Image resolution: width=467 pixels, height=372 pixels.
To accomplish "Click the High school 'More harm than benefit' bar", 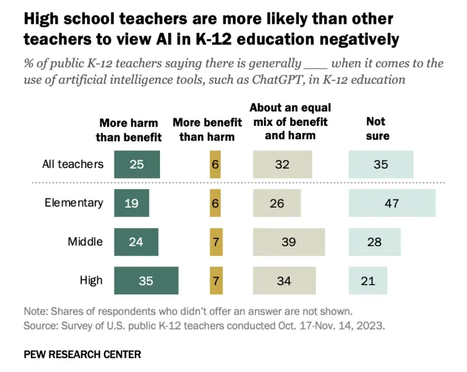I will coord(146,280).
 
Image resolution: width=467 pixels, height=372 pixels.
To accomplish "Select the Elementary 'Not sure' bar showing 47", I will coord(392,203).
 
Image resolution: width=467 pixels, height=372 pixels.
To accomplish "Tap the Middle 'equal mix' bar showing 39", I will coord(288,242).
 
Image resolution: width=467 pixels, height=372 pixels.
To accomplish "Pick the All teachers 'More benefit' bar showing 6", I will coord(215,164).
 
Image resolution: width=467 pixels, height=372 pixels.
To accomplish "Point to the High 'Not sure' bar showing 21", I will coord(367,280).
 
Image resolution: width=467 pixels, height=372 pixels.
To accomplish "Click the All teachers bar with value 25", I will coord(137,164).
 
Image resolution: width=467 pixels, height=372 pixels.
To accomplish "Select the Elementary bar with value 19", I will coord(131,203).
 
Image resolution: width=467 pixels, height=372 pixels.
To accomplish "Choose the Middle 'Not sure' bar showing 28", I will coord(374,242).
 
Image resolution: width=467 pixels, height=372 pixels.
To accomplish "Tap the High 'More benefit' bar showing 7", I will coord(215,280).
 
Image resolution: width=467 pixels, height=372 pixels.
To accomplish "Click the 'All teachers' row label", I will coord(73,164).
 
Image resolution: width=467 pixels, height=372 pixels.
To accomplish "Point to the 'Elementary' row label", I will coord(74,203).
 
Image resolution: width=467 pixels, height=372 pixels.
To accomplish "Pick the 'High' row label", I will coord(91,280).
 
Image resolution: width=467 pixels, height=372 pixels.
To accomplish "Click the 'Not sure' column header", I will coord(377,128).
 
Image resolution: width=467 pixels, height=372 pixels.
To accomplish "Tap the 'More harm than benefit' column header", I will coord(128,130).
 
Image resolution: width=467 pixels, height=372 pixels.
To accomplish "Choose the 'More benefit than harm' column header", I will coord(207,130).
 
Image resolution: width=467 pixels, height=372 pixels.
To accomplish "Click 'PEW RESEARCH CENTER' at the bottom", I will coord(82,354).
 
